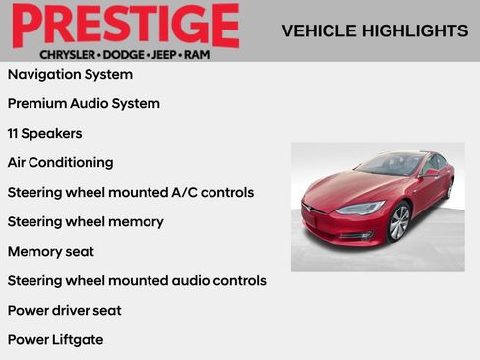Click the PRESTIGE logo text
(x=125, y=25)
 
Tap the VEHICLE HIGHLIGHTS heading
(x=375, y=30)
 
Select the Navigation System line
(x=70, y=74)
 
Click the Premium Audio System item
(x=84, y=103)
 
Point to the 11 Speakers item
(x=44, y=133)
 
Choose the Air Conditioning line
(x=60, y=162)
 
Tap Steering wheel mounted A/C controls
(x=131, y=192)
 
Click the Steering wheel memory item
(x=86, y=221)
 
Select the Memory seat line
(x=49, y=251)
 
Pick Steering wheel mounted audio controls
(x=137, y=280)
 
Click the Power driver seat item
(x=65, y=310)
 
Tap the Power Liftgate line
(x=55, y=339)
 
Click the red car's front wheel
(x=398, y=222)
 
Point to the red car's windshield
(x=389, y=165)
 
